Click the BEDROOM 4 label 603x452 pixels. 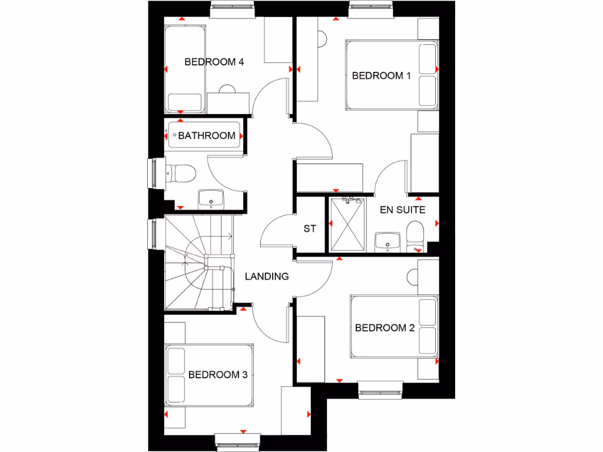pyautogui.click(x=214, y=62)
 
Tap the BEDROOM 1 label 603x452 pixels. pyautogui.click(x=381, y=75)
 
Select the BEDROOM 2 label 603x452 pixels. pyautogui.click(x=385, y=328)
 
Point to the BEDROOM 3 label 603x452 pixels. pyautogui.click(x=218, y=374)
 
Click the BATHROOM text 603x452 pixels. pyautogui.click(x=207, y=135)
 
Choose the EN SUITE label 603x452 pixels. pyautogui.click(x=402, y=210)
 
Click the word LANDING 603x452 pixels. pyautogui.click(x=267, y=276)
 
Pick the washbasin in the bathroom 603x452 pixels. pyautogui.click(x=211, y=199)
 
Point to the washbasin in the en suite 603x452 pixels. pyautogui.click(x=387, y=240)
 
